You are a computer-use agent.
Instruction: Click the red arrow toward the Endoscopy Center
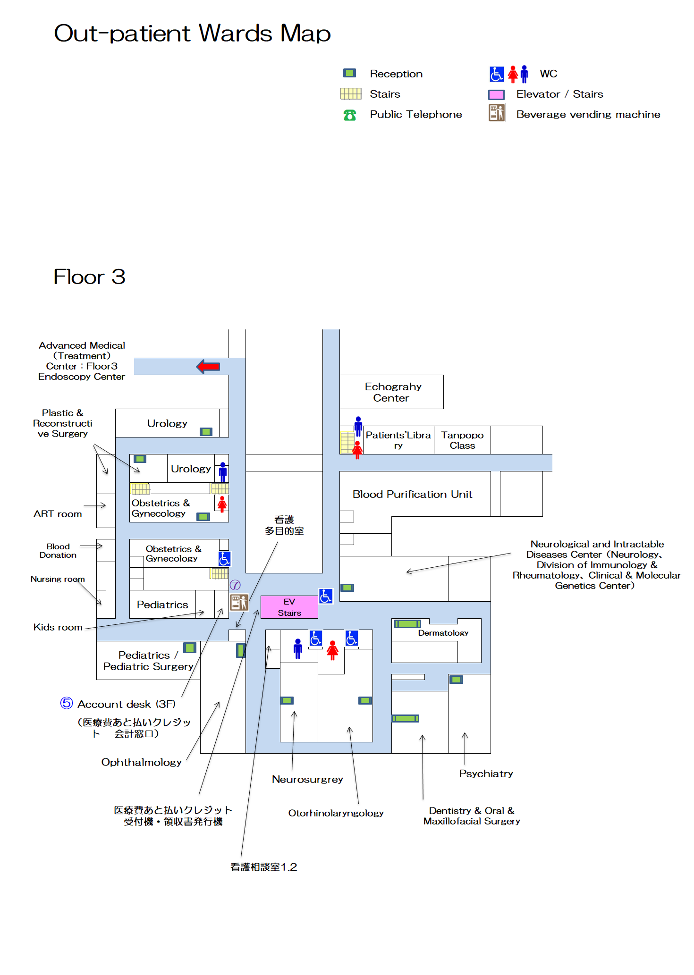tap(208, 366)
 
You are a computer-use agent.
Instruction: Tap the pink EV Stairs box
tap(289, 607)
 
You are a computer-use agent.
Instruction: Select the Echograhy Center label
tap(392, 392)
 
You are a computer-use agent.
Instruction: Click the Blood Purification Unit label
tap(412, 494)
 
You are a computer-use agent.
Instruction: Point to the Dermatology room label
tap(443, 633)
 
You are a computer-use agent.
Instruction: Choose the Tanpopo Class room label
tap(462, 440)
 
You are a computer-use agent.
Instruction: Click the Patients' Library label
tap(398, 440)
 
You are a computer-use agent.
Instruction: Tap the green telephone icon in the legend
tap(350, 115)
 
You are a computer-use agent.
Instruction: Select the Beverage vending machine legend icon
tap(497, 113)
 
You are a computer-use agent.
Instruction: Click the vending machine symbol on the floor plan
tap(239, 603)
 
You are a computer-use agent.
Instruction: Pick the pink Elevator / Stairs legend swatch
tap(496, 94)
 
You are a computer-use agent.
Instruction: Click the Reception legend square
tap(349, 73)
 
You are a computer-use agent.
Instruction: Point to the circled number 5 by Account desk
tap(67, 703)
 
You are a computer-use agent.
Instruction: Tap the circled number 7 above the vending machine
tap(235, 585)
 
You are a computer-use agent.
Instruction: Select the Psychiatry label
tap(486, 773)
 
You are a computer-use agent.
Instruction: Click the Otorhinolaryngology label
tap(336, 813)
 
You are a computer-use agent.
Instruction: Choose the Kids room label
tap(58, 627)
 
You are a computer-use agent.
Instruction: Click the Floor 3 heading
tap(89, 277)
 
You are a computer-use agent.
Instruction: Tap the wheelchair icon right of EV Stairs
tap(326, 596)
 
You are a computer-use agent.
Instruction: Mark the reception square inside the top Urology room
tap(206, 432)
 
